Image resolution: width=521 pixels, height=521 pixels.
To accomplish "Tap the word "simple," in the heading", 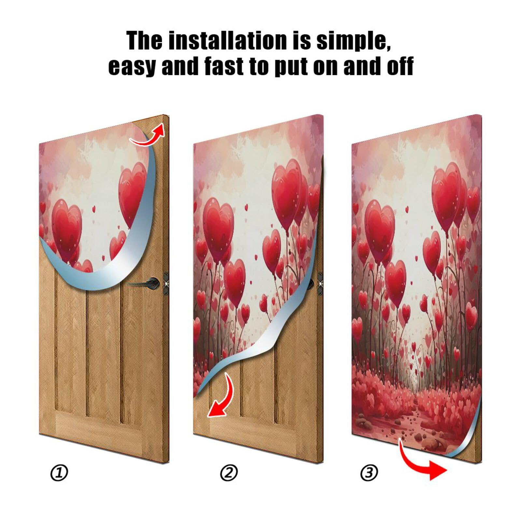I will coord(353,41).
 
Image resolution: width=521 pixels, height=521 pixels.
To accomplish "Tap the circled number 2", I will coord(229,473).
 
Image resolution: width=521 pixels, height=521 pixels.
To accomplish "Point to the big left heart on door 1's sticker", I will coord(66,228).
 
